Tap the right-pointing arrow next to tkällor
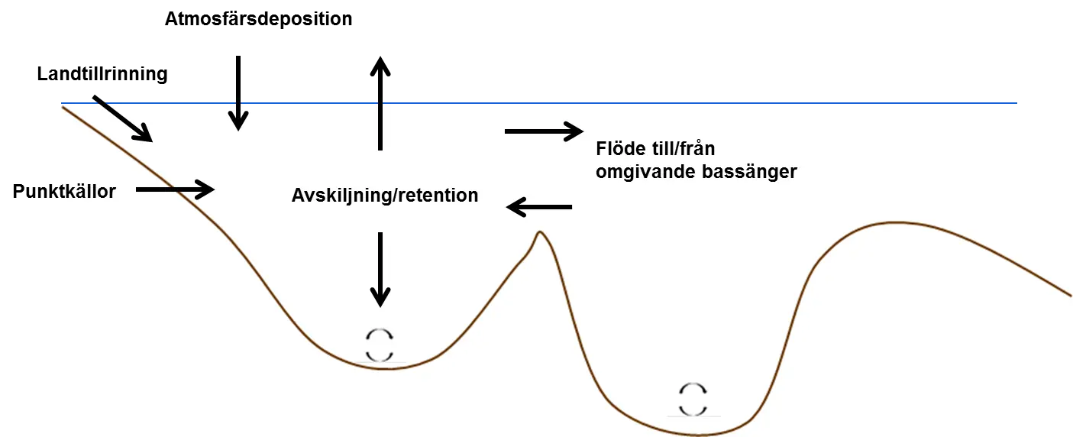[x=176, y=189]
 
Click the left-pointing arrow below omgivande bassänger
[x=539, y=206]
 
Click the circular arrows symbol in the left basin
[x=380, y=345]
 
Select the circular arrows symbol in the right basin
[x=693, y=399]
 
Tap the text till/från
[x=684, y=149]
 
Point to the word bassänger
[x=752, y=172]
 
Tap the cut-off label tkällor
[x=89, y=191]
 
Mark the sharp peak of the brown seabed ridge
[x=540, y=231]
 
